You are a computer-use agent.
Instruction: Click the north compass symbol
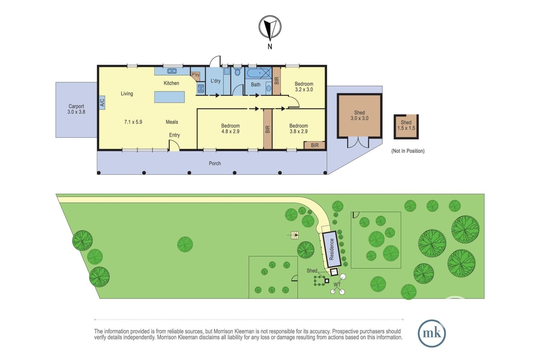(x=270, y=27)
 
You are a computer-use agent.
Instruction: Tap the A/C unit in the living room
(x=102, y=103)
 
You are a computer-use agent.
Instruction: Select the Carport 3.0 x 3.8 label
(x=76, y=109)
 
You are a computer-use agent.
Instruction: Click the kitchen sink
(x=172, y=71)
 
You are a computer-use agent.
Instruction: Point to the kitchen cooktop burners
(x=201, y=89)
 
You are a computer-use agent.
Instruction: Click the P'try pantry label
(x=195, y=75)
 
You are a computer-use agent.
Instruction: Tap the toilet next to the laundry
(x=238, y=72)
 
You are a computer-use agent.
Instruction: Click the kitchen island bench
(x=169, y=97)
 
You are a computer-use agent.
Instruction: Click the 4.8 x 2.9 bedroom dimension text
(x=230, y=131)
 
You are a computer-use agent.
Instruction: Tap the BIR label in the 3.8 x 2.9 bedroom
(x=315, y=145)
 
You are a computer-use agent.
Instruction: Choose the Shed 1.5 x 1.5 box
(x=406, y=127)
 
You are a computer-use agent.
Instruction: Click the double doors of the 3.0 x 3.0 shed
(x=358, y=142)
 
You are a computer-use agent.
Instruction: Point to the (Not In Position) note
(x=408, y=151)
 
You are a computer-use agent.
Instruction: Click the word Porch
(x=215, y=163)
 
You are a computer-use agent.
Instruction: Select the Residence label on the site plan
(x=332, y=249)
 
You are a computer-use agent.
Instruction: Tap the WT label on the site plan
(x=337, y=284)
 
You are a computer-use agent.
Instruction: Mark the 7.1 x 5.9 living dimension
(x=133, y=122)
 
